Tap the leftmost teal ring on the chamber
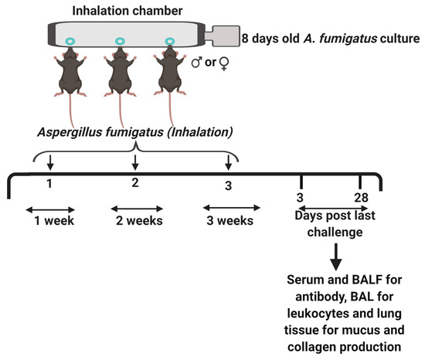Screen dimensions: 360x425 click(x=70, y=41)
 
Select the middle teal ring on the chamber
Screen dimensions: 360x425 click(x=119, y=41)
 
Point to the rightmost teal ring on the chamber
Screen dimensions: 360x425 click(x=168, y=41)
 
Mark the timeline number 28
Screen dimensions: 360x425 click(x=361, y=200)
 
